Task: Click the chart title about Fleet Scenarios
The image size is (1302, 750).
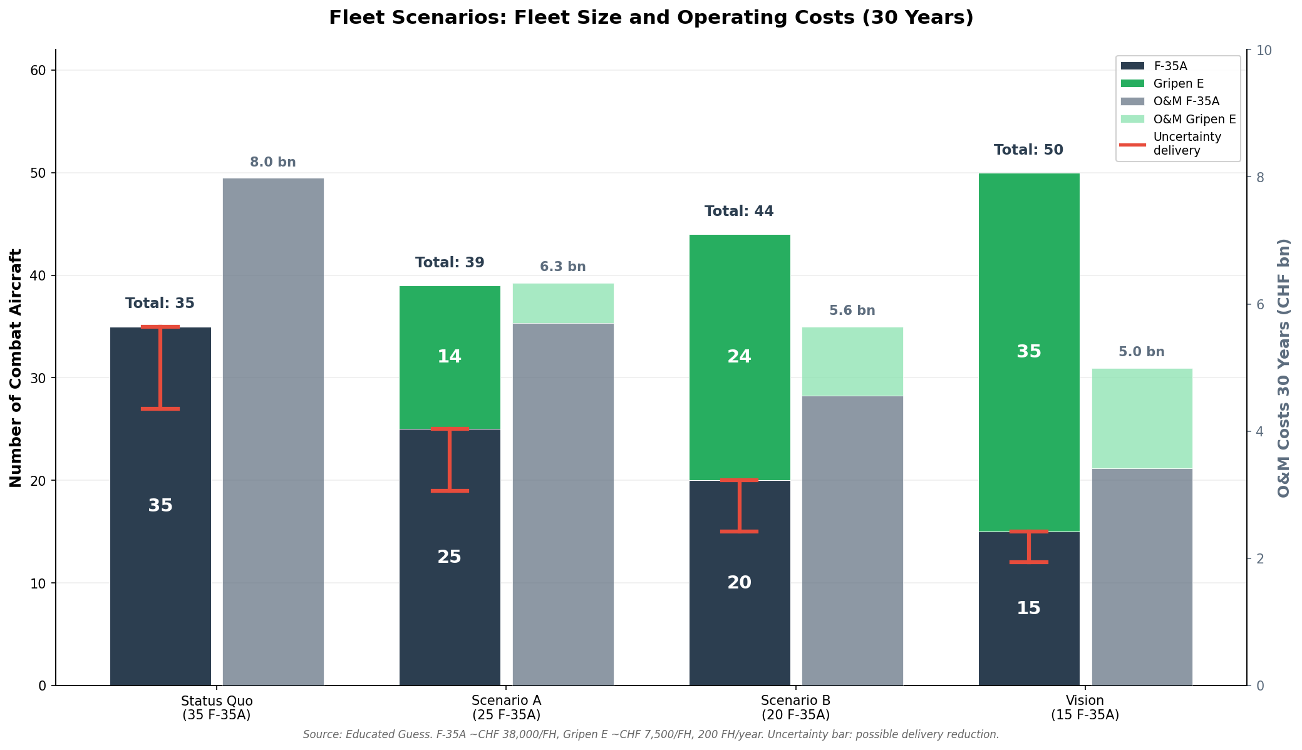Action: [651, 18]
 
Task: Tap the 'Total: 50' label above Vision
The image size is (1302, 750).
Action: [1028, 150]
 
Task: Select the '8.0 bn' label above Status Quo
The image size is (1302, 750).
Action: [273, 163]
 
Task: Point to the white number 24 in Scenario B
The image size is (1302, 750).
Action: [739, 357]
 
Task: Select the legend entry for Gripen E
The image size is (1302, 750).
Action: [1177, 84]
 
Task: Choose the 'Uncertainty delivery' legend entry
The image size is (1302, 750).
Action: [1186, 144]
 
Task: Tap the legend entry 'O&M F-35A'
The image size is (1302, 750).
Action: [1186, 101]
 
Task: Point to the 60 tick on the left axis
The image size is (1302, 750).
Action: [38, 71]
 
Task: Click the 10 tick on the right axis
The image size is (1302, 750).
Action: [1261, 51]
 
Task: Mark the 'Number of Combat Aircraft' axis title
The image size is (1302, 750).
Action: [16, 368]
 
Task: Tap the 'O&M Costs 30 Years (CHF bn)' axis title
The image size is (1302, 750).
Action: [1284, 368]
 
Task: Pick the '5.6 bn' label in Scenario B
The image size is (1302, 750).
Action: [852, 311]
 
